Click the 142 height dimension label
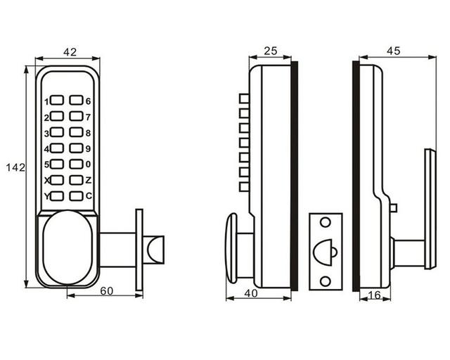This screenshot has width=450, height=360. [15, 167]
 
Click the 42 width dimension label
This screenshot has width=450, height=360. [70, 52]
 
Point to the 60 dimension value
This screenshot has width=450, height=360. [106, 291]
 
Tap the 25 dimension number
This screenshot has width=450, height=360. [271, 51]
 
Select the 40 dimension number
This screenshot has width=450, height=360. [251, 293]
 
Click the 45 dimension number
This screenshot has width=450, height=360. [393, 51]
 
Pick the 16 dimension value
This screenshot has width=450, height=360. [375, 295]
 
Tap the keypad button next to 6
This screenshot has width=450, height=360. [76, 100]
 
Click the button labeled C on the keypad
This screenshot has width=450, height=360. [76, 196]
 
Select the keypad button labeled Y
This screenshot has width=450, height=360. [57, 196]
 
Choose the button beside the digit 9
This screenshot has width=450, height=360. [76, 148]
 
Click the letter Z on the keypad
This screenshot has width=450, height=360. [89, 180]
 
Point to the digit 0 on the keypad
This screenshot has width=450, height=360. [88, 165]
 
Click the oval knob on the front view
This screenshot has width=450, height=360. [67, 247]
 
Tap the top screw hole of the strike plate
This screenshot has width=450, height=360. [326, 222]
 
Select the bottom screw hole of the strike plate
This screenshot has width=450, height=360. [326, 281]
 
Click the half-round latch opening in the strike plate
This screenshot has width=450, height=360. [323, 252]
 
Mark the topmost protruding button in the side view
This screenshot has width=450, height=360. [244, 98]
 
